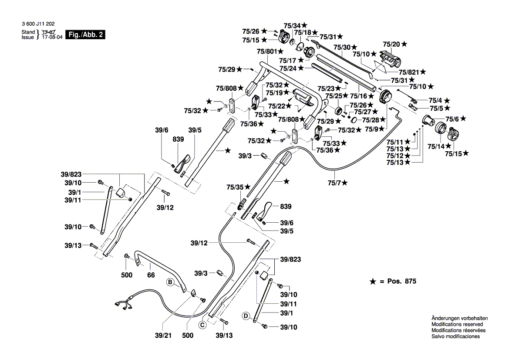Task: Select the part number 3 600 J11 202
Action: click(x=37, y=26)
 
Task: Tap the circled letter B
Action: click(x=171, y=283)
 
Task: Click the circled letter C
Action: click(x=202, y=325)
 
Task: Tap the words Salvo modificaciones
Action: click(x=455, y=336)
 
